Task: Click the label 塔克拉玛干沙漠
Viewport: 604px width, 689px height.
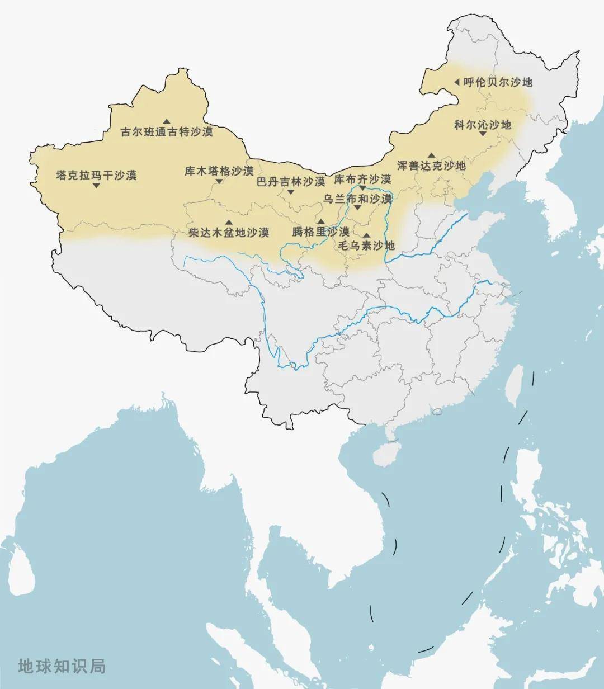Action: (x=96, y=175)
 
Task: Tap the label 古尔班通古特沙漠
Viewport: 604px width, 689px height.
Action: (x=167, y=133)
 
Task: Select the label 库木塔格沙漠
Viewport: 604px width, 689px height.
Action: (x=219, y=171)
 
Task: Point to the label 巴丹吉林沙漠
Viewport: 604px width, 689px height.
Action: (x=291, y=181)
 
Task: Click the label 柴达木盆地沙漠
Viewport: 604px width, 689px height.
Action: (x=229, y=232)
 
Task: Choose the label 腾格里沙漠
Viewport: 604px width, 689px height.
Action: (x=321, y=231)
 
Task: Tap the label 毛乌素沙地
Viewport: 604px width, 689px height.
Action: (x=366, y=246)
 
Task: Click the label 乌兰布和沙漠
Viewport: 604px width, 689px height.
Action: (x=358, y=199)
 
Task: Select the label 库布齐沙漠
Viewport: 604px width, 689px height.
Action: (x=362, y=179)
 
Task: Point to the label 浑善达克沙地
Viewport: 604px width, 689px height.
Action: (x=431, y=166)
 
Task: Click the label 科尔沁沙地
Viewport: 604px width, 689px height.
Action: (x=483, y=125)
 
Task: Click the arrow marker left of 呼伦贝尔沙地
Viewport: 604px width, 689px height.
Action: (x=456, y=82)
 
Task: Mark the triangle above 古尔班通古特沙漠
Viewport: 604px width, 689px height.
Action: (x=167, y=121)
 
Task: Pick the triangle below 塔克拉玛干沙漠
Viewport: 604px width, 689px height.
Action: (x=96, y=186)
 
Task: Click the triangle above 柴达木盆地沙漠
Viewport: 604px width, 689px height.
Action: (x=229, y=222)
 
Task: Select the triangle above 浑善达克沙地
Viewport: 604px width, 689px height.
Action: (x=431, y=155)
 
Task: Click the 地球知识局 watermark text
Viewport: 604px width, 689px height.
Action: (x=62, y=666)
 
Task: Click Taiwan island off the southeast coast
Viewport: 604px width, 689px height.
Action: (x=513, y=385)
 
